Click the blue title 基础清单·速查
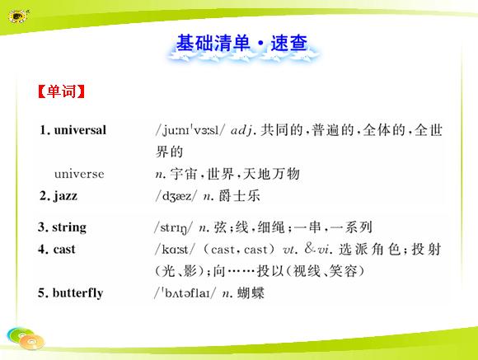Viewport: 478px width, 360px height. (x=241, y=43)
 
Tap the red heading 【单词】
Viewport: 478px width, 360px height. (x=61, y=91)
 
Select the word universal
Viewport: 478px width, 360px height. (x=80, y=130)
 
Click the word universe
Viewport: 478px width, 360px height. (x=79, y=174)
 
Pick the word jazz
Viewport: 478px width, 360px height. (x=66, y=196)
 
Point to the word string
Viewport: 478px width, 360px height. (x=69, y=227)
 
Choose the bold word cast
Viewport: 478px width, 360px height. (x=64, y=250)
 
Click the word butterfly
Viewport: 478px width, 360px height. (x=77, y=293)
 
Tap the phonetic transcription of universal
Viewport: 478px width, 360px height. (x=190, y=130)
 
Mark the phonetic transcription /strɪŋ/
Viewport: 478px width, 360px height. (x=173, y=227)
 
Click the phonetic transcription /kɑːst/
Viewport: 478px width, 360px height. (x=175, y=250)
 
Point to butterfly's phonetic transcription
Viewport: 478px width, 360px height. (x=185, y=293)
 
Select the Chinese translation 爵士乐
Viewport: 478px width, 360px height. (x=239, y=196)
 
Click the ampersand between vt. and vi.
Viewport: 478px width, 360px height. (x=309, y=249)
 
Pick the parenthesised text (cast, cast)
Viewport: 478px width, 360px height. (x=239, y=250)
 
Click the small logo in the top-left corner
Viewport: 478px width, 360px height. (x=19, y=16)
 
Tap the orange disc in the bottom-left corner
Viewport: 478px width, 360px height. (x=32, y=342)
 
